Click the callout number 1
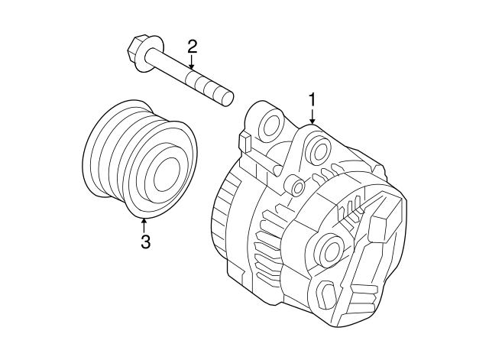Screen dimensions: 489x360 tap(312, 100)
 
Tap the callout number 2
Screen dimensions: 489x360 tap(192, 47)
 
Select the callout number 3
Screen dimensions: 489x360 tap(145, 241)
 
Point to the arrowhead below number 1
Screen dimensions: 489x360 tap(312, 121)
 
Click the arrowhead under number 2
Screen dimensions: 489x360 tap(192, 66)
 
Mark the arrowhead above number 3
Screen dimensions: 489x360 tap(144, 222)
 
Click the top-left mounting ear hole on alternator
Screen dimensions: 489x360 tap(270, 124)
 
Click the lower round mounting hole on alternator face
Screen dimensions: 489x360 tap(329, 249)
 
